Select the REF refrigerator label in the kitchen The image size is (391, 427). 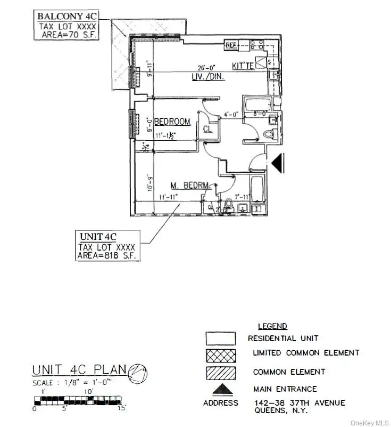click(231, 45)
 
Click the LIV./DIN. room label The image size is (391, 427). click(208, 77)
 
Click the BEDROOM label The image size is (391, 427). click(172, 121)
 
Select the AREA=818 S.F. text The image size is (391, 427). click(107, 256)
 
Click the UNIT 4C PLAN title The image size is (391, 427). click(78, 369)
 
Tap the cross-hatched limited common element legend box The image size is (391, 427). click(221, 353)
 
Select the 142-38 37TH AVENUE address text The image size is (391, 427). click(296, 402)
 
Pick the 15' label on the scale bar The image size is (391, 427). click(121, 409)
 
